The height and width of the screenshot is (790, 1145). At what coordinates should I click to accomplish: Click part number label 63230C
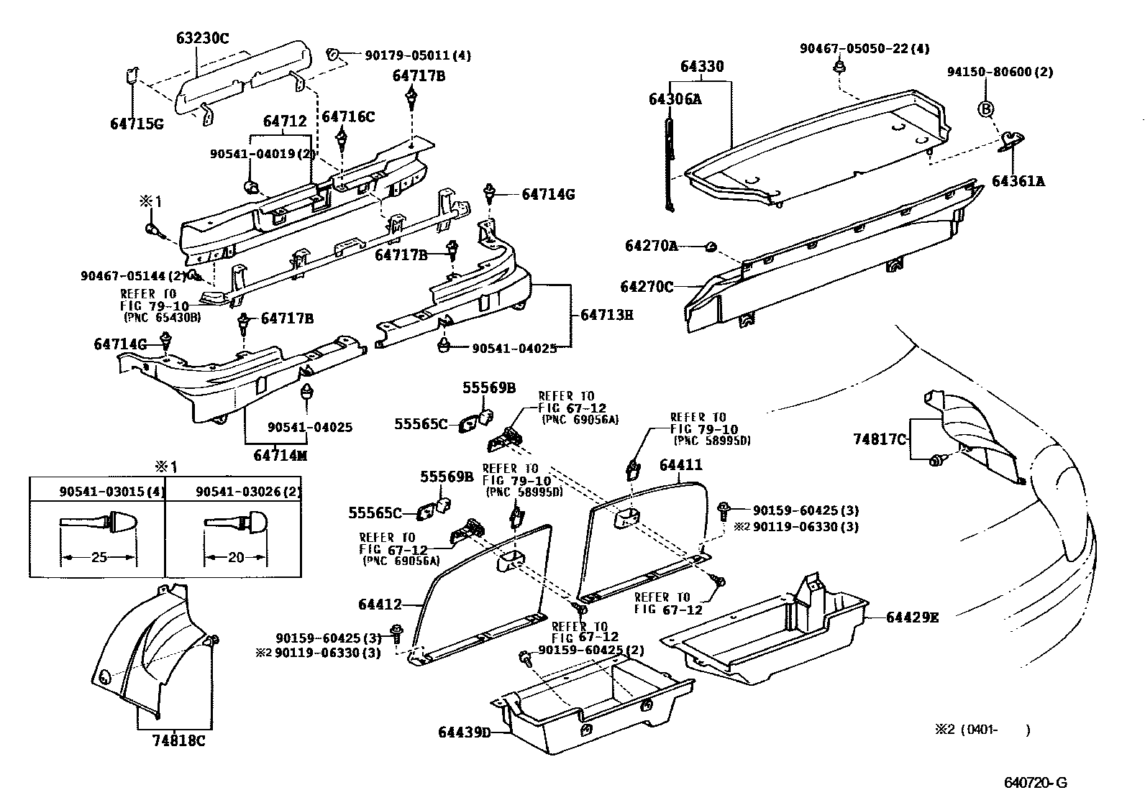coord(202,38)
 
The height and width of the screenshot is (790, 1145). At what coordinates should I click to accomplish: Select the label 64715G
coord(137,124)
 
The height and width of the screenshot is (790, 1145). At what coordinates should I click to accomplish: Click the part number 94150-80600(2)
coord(1000,72)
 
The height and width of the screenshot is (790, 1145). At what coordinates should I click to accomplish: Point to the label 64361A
coord(1018,181)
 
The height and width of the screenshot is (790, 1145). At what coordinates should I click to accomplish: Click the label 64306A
coord(675,99)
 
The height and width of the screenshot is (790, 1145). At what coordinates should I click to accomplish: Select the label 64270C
coord(647,287)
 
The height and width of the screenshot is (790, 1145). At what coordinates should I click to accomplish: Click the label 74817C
coord(880,438)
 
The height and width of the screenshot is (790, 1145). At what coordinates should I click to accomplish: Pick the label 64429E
coord(912,617)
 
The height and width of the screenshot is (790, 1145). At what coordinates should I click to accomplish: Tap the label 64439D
coord(465,732)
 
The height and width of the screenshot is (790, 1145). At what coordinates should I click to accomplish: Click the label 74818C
coord(178,741)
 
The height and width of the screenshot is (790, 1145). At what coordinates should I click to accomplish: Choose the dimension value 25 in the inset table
coord(99,556)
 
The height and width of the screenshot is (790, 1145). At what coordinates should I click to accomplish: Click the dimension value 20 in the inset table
coord(235,556)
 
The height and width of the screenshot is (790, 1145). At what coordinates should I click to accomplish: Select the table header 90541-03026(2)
coord(249,492)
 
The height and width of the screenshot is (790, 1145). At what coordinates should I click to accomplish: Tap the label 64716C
coord(348,116)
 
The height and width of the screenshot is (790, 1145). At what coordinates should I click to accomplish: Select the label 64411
coord(680,466)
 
